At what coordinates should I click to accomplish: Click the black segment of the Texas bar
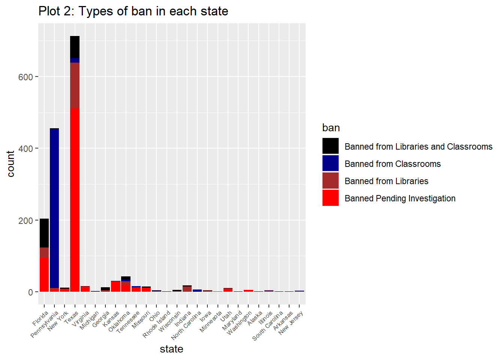75,47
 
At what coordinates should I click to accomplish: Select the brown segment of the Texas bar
75,85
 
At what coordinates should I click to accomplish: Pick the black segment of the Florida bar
44,233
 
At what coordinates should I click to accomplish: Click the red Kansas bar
115,286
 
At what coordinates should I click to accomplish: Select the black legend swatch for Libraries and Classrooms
330,146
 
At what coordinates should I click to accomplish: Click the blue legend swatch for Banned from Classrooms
330,163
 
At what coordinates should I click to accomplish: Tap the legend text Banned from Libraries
386,181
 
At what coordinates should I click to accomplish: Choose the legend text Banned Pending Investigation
400,198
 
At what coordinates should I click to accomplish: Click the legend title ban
331,128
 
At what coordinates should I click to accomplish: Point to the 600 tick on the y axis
25,77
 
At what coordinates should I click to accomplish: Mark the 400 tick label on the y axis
25,148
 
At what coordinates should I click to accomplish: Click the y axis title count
10,164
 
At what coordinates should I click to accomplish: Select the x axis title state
171,349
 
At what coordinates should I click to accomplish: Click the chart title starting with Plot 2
133,11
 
